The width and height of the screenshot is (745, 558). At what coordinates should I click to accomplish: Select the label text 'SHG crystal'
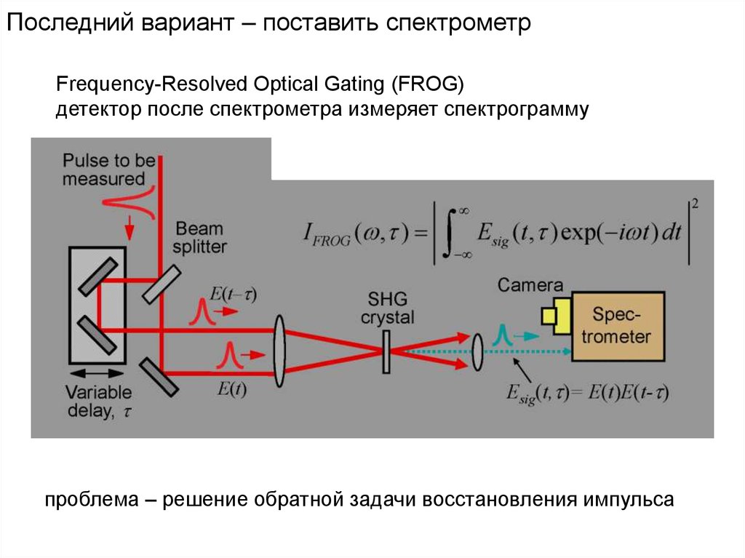pyautogui.click(x=391, y=308)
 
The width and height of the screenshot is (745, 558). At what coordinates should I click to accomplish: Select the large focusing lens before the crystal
pyautogui.click(x=281, y=343)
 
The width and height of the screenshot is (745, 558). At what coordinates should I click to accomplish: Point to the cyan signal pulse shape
pyautogui.click(x=501, y=334)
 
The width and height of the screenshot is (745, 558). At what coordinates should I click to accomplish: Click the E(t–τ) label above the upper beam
pyautogui.click(x=233, y=295)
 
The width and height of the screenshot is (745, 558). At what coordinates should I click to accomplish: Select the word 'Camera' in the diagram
pyautogui.click(x=530, y=285)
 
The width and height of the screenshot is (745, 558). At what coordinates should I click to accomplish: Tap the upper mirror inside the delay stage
pyautogui.click(x=96, y=274)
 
